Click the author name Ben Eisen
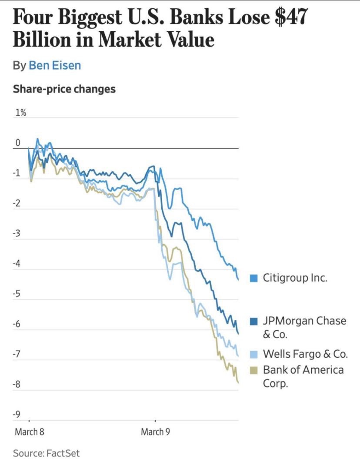pos(55,66)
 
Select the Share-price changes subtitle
pos(64,89)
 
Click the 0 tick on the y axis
pos(18,143)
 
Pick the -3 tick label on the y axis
pos(17,234)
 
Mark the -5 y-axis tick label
pos(17,294)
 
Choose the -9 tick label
pos(17,415)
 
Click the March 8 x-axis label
pos(30,432)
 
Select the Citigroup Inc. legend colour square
pos(254,278)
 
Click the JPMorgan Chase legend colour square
pos(254,322)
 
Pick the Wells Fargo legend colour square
pos(254,354)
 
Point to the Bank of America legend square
pos(254,370)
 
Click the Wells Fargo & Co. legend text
pos(305,354)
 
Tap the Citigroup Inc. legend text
pos(295,278)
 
